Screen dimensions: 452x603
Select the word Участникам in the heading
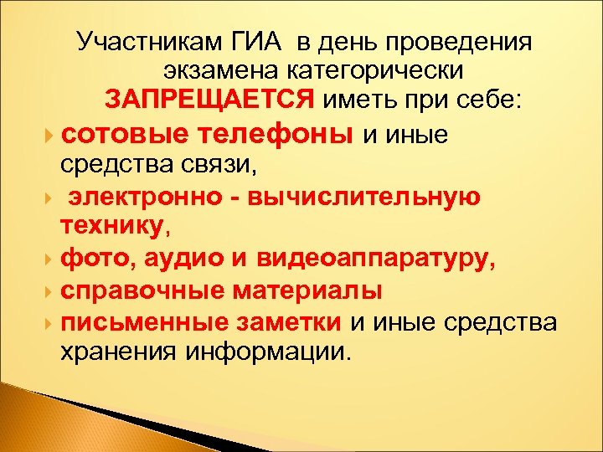tap(148, 41)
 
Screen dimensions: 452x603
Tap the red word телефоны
tap(286, 134)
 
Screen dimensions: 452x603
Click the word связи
tap(224, 166)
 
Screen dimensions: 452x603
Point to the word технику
tap(112, 226)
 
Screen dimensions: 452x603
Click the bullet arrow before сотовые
tap(52, 134)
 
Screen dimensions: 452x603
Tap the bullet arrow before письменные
tap(52, 321)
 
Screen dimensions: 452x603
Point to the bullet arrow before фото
tap(52, 259)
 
